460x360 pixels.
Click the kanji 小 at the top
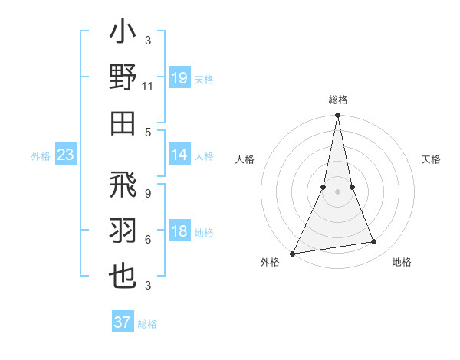(x=123, y=34)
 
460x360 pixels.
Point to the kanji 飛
(x=123, y=188)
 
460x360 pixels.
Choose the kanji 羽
(x=123, y=231)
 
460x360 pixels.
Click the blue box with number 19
(x=179, y=79)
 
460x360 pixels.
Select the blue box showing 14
(x=179, y=155)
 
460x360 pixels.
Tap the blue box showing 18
(x=179, y=232)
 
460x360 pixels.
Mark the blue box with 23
(x=66, y=155)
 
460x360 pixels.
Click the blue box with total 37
(x=123, y=322)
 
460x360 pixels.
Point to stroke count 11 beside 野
(x=147, y=88)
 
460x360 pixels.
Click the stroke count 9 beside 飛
(x=147, y=194)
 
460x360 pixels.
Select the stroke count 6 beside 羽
(x=147, y=240)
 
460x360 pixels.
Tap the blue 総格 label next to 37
(x=147, y=324)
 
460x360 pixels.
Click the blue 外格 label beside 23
(x=41, y=156)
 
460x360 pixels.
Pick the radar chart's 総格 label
(x=337, y=100)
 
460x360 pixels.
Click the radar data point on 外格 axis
(x=293, y=253)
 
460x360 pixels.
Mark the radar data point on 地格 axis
(x=374, y=242)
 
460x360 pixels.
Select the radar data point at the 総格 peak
(x=337, y=116)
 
